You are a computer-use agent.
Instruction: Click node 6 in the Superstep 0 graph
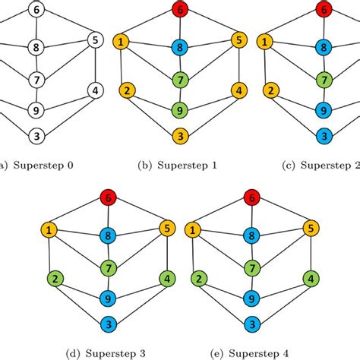click(34, 10)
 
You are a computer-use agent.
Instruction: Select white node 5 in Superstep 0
click(95, 41)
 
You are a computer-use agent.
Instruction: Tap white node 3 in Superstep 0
click(34, 137)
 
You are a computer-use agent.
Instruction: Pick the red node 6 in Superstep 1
click(178, 10)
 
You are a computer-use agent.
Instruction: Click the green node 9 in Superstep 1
click(178, 110)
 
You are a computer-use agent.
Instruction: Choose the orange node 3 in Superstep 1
click(178, 137)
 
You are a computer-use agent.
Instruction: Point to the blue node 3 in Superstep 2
click(324, 137)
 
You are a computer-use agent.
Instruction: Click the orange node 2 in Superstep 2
click(270, 91)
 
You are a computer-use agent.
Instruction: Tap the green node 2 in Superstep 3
click(53, 278)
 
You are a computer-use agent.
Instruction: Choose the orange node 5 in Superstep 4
click(310, 228)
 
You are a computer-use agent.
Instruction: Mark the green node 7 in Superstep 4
click(251, 267)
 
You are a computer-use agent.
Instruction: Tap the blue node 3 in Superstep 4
click(251, 324)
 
